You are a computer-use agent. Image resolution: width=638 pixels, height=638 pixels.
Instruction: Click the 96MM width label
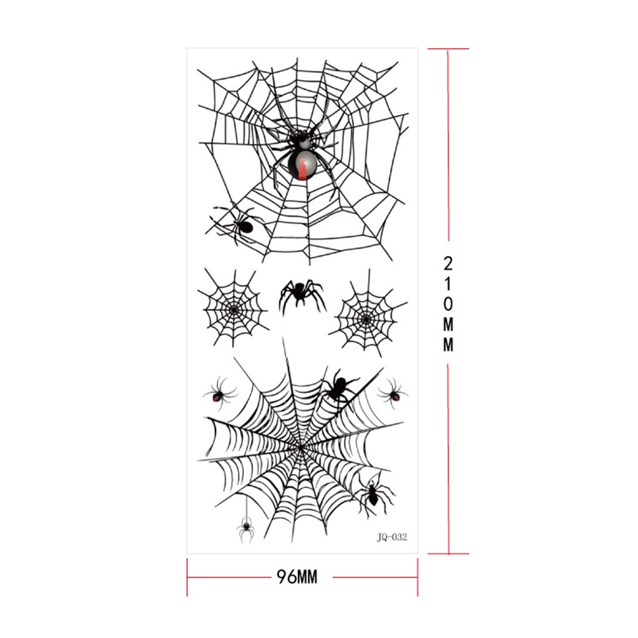coord(297,576)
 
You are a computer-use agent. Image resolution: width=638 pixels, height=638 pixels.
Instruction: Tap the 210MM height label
coord(448,303)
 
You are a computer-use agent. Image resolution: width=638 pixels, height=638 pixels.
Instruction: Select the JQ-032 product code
coord(392,537)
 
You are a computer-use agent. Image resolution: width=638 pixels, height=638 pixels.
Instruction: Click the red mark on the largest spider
coord(302,169)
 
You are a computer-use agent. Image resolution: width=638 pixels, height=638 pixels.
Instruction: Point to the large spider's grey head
coord(303,143)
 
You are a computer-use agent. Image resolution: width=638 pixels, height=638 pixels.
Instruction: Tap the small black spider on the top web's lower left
coord(238,224)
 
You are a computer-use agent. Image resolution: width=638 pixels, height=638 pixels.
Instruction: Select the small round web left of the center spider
coord(233,309)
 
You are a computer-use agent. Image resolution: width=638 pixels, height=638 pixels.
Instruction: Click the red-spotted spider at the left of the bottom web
coord(219,394)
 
